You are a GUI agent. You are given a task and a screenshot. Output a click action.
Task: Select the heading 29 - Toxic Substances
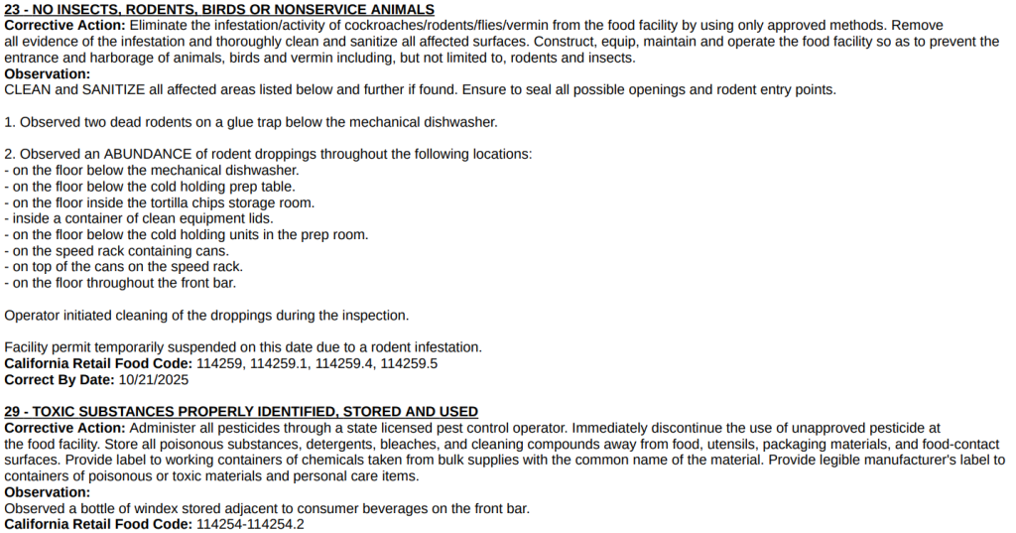click(x=241, y=411)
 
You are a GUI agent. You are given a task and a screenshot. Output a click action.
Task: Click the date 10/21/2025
click(x=153, y=379)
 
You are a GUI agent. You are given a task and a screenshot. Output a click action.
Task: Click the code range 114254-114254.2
click(x=250, y=524)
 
